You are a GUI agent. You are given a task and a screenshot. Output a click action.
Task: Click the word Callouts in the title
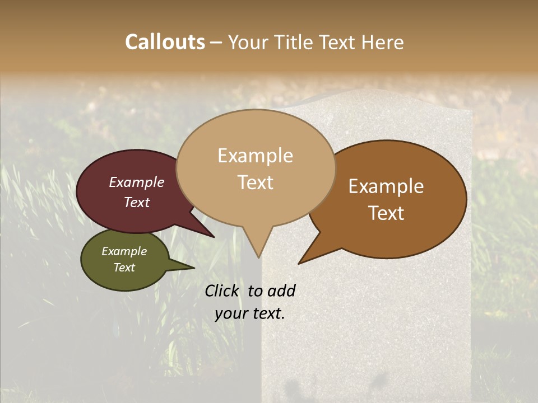pyautogui.click(x=165, y=42)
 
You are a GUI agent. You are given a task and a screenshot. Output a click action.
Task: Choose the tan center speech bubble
pyautogui.click(x=256, y=168)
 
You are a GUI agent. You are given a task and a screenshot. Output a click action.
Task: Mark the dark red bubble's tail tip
pyautogui.click(x=213, y=237)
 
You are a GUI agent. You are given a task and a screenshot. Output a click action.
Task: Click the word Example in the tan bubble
pyautogui.click(x=256, y=155)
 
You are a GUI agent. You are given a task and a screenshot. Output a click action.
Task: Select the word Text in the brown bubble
pyautogui.click(x=387, y=213)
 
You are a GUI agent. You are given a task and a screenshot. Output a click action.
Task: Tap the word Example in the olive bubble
pyautogui.click(x=124, y=251)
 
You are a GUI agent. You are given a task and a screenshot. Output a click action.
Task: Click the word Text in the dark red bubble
pyautogui.click(x=137, y=202)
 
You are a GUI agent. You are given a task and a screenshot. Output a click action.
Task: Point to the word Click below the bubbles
pyautogui.click(x=223, y=290)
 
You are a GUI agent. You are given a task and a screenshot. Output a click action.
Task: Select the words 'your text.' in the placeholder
pyautogui.click(x=250, y=313)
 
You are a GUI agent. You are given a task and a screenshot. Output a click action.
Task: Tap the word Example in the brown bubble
pyautogui.click(x=386, y=186)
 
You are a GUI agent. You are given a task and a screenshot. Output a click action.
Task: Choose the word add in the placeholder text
pyautogui.click(x=282, y=290)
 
